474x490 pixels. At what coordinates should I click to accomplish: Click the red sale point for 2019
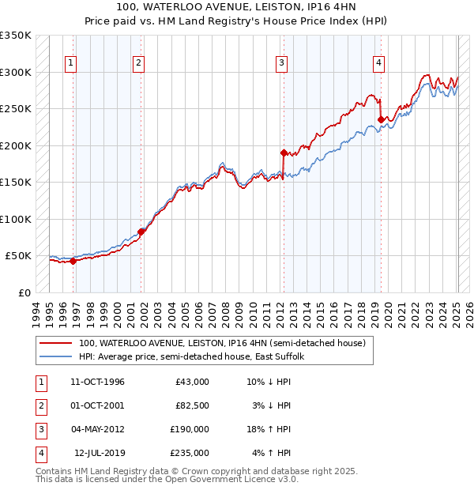(381, 120)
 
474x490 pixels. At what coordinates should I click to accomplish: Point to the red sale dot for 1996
(73, 261)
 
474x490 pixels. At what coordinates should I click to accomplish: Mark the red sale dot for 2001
(141, 232)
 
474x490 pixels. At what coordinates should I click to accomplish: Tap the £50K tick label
(18, 256)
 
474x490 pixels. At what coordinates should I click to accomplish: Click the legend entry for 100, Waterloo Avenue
(222, 344)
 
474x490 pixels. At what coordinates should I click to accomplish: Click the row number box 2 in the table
(39, 405)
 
